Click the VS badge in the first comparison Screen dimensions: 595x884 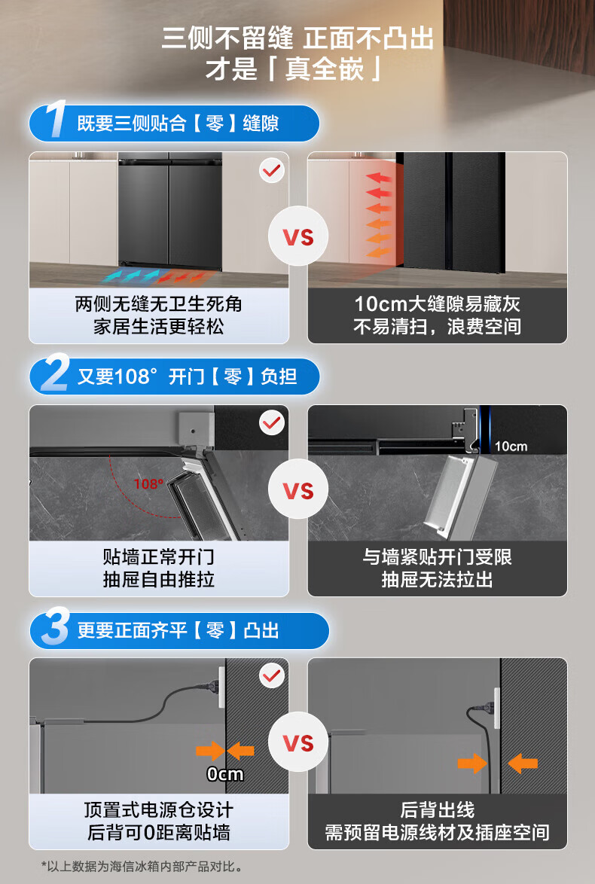point(297,236)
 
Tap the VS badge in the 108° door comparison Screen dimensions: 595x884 point(297,490)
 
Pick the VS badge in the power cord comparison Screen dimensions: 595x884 point(297,742)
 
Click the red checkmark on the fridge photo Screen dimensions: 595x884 point(272,169)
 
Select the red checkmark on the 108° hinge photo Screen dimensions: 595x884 point(272,422)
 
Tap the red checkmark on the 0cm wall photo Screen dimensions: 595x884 point(272,675)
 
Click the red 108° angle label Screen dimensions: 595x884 point(149,483)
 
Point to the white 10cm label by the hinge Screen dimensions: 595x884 point(511,447)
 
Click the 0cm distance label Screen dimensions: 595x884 point(225,774)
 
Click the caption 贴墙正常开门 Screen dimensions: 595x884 point(159,557)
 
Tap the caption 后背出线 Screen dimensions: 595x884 point(437,810)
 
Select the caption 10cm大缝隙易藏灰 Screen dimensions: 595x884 point(437,304)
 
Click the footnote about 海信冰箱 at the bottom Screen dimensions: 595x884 point(142,866)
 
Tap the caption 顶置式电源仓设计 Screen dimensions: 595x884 point(159,810)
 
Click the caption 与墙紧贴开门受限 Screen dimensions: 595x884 point(437,557)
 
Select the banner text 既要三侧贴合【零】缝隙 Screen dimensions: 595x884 point(178,123)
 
